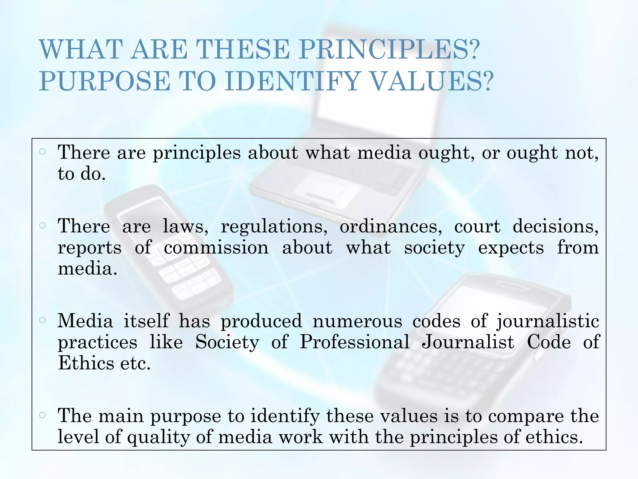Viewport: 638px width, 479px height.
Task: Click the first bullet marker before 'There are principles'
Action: (x=43, y=152)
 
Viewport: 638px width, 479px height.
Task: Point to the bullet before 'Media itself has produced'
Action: (x=43, y=320)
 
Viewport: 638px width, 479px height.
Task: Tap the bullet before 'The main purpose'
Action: (x=43, y=415)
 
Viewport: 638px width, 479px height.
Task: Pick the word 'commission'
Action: (x=216, y=248)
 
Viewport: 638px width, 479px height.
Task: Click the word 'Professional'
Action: (x=355, y=342)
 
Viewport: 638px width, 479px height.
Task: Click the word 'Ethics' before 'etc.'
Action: (x=86, y=363)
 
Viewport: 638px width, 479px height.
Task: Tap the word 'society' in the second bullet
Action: (x=434, y=248)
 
